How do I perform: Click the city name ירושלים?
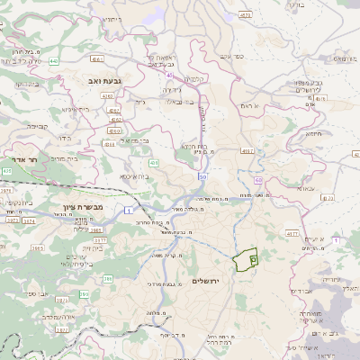point(207,282)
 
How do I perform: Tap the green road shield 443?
point(54,61)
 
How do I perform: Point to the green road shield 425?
point(6,169)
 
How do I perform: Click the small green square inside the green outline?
point(253,259)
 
